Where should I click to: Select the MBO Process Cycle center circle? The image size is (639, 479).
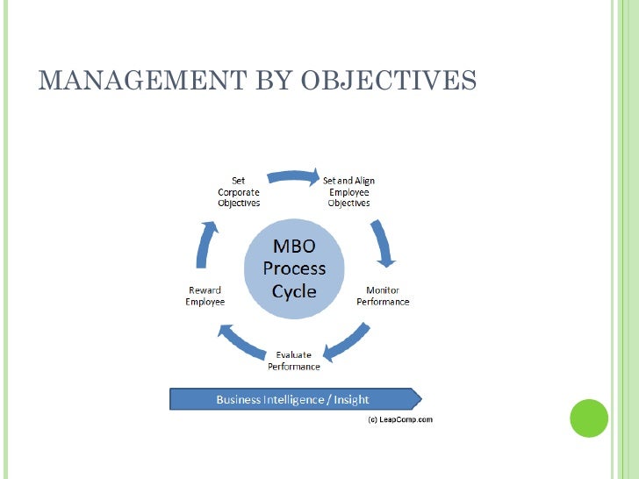pyautogui.click(x=293, y=268)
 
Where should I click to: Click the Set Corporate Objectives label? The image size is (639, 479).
pyautogui.click(x=239, y=192)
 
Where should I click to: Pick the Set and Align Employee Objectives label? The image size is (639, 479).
pyautogui.click(x=348, y=192)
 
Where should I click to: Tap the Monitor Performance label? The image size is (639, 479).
pyautogui.click(x=383, y=297)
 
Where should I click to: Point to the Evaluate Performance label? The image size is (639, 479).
pyautogui.click(x=293, y=360)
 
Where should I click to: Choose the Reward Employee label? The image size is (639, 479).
pyautogui.click(x=205, y=297)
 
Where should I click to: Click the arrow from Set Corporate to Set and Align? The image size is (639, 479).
pyautogui.click(x=292, y=175)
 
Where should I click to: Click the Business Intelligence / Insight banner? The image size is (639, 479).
pyautogui.click(x=294, y=399)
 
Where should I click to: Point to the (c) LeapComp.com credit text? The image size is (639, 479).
pyautogui.click(x=399, y=419)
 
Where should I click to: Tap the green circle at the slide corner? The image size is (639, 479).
pyautogui.click(x=589, y=418)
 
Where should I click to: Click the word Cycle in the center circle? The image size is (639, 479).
pyautogui.click(x=294, y=291)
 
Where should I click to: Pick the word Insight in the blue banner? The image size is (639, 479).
pyautogui.click(x=351, y=399)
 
